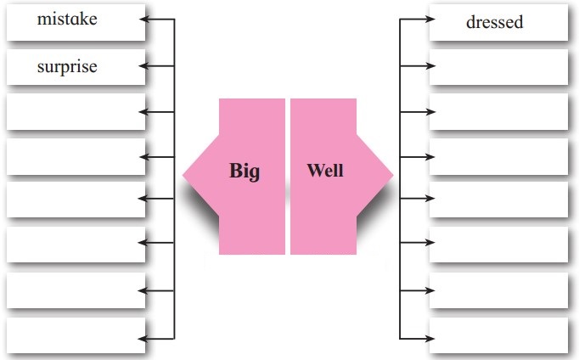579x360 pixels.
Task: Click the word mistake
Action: tap(67, 19)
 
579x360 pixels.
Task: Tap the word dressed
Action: tap(494, 23)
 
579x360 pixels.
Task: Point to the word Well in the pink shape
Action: tap(324, 170)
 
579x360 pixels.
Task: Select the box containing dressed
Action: tap(498, 23)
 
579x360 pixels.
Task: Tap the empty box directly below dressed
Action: tap(498, 67)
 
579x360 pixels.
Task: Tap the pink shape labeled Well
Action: tap(327, 204)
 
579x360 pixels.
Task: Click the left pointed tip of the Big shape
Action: tap(186, 175)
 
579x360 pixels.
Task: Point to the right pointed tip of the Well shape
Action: tap(391, 175)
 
